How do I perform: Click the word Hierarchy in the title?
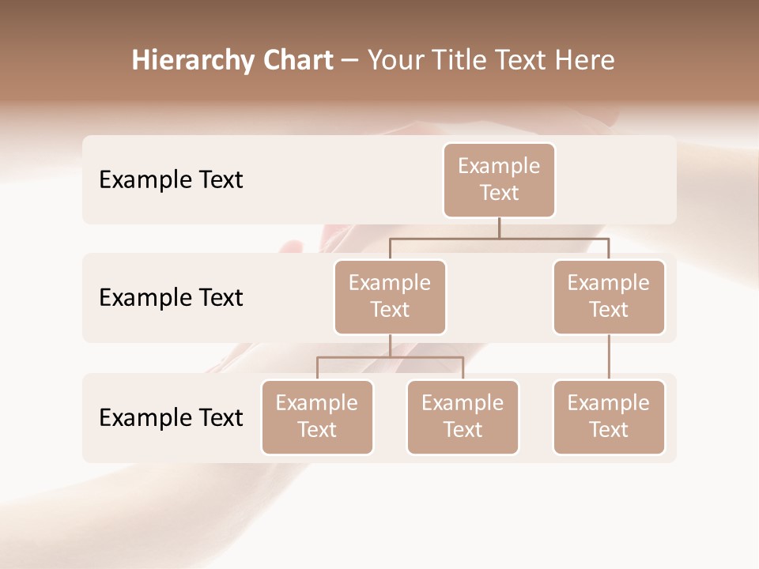point(183,60)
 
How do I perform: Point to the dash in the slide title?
point(349,60)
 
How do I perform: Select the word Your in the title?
point(396,60)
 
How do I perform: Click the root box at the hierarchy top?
point(499,180)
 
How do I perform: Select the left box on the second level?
point(390,297)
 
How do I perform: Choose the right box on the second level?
point(609,297)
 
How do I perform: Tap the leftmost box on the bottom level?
point(317,417)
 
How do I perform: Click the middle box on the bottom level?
point(463,417)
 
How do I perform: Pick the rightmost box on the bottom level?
point(609,417)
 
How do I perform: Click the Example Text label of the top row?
point(171,180)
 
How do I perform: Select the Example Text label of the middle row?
point(171,298)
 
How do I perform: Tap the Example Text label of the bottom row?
point(171,418)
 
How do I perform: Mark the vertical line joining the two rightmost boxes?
point(609,357)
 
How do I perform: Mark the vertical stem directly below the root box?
point(499,228)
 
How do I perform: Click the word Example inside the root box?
point(499,167)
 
